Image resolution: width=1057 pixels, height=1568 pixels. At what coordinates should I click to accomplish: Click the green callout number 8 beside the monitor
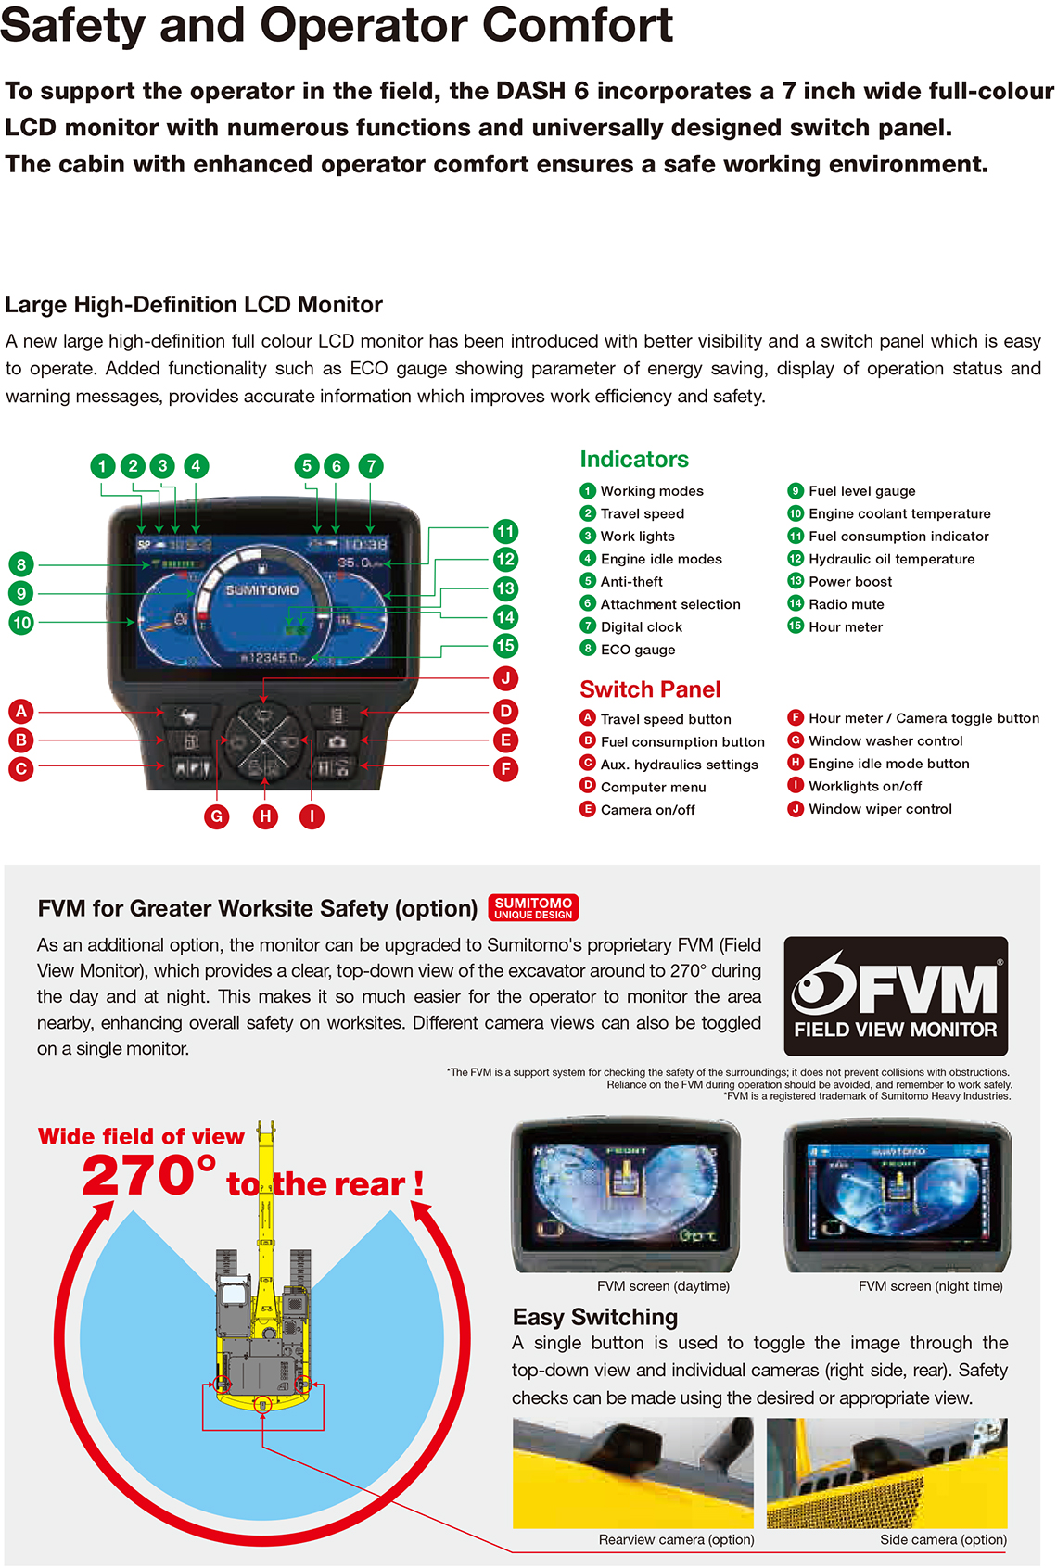21,564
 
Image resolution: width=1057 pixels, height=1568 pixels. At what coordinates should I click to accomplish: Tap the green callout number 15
505,646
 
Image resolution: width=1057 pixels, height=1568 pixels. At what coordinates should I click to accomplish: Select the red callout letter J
505,678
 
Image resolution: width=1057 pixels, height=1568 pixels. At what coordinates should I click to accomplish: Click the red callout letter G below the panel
217,816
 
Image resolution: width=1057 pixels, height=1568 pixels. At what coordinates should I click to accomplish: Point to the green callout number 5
307,466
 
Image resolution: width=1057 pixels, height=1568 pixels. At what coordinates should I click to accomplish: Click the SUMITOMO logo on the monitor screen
262,590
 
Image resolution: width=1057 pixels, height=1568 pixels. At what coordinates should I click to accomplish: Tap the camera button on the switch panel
337,741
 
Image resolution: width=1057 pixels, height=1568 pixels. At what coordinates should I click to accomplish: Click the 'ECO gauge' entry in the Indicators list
637,650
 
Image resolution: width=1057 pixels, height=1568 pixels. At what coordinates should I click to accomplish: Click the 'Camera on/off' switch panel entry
647,810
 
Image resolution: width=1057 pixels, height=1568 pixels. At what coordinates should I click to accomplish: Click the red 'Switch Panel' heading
650,689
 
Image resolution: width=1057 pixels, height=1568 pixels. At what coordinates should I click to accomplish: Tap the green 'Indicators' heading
634,460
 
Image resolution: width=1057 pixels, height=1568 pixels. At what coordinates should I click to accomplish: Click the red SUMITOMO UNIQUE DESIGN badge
533,907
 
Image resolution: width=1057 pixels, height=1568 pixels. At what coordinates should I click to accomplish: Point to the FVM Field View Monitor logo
895,996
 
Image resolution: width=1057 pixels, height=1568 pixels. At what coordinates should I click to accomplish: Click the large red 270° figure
148,1177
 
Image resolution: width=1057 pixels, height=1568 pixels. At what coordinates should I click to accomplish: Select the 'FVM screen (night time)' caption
930,1286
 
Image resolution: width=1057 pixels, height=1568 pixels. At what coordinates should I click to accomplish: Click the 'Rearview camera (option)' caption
676,1540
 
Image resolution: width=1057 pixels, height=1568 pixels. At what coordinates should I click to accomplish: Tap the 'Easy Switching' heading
594,1317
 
